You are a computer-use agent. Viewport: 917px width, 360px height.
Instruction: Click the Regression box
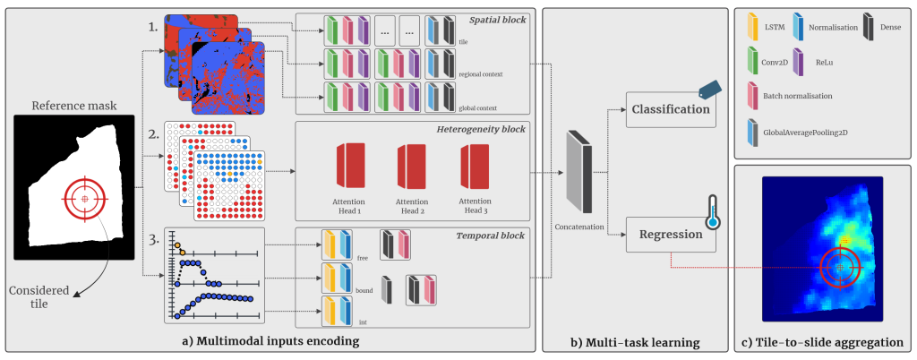tap(669, 236)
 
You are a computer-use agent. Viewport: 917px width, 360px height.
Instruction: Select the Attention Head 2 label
tap(412, 206)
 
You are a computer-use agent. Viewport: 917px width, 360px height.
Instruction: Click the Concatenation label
tap(579, 227)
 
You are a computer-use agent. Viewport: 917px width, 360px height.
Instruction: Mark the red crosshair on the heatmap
tap(839, 267)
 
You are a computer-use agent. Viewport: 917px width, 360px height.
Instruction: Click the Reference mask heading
tap(73, 105)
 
